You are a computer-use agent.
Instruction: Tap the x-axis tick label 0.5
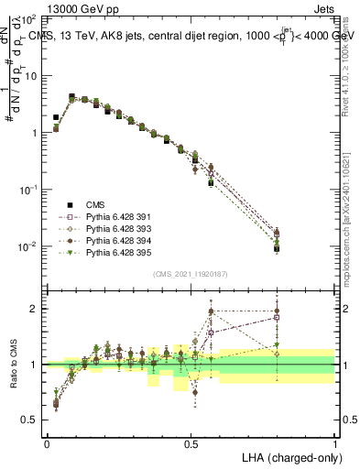191,442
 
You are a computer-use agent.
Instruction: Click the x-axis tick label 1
335,442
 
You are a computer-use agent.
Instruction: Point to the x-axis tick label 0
47,442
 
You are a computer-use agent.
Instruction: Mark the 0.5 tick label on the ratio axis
31,420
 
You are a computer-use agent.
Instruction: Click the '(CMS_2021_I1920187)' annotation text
190,274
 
